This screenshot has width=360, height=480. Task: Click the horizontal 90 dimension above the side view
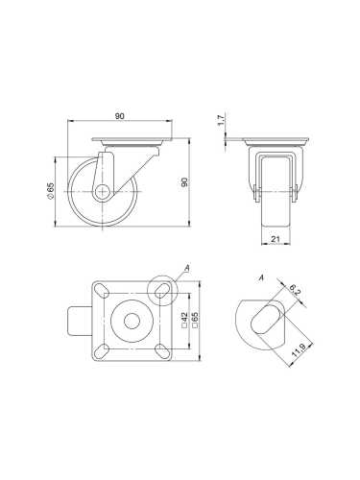click(120, 117)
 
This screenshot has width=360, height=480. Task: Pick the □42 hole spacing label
click(182, 318)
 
